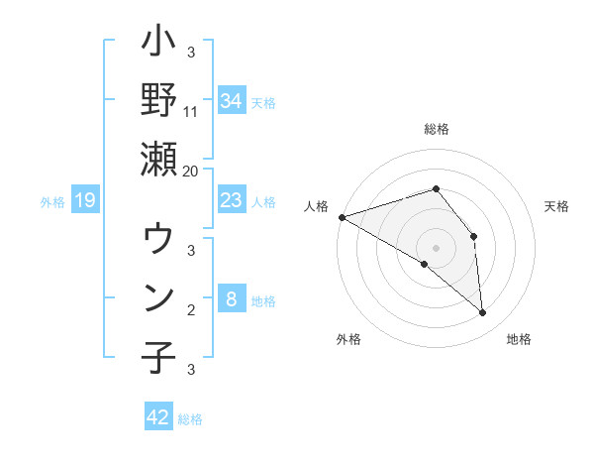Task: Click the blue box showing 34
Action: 232,101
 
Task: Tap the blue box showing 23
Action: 232,201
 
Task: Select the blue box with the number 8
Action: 232,299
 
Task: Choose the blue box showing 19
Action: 85,201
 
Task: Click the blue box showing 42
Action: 158,417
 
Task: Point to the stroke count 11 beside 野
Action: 191,111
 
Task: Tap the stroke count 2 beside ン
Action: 191,309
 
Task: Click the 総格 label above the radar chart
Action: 437,129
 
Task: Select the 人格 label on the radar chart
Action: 317,205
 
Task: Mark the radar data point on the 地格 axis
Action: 483,313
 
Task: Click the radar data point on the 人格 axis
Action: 342,216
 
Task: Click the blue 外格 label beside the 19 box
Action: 52,202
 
